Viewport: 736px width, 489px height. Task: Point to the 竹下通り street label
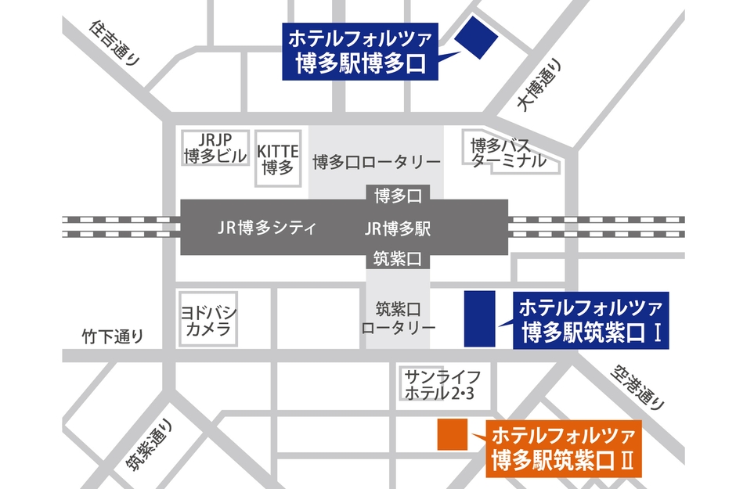(x=114, y=337)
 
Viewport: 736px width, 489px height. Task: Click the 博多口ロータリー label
(x=377, y=162)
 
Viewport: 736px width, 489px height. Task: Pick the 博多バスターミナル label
(x=508, y=153)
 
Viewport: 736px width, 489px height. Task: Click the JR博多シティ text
(x=265, y=228)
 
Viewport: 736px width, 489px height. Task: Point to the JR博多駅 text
(x=398, y=228)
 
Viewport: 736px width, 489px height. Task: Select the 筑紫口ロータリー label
(x=398, y=317)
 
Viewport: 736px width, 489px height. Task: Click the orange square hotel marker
(x=452, y=435)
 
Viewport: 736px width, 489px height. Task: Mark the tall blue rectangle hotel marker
(x=480, y=318)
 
